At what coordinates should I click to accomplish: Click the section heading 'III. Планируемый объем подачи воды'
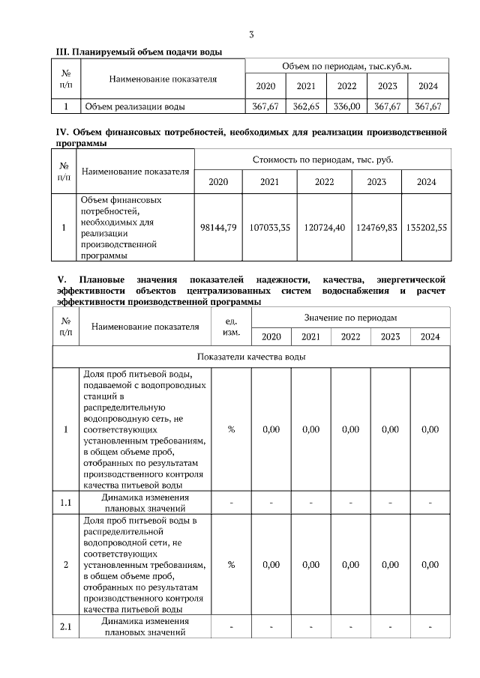tap(139, 51)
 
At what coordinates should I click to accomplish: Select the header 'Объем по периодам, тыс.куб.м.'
tap(348, 66)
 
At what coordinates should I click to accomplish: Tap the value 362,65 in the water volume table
tap(306, 106)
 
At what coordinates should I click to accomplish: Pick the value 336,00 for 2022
tap(347, 106)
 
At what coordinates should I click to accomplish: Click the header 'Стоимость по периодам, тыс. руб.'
tap(323, 160)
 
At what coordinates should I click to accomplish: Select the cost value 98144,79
tap(220, 227)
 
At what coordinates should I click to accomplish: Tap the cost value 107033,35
tap(270, 227)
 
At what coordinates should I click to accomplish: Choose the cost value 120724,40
tap(324, 227)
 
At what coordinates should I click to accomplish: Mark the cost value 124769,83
tap(376, 227)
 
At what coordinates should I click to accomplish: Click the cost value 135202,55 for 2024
tap(426, 227)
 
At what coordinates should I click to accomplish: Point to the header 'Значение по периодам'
tap(350, 318)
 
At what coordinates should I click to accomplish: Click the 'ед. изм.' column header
tap(232, 327)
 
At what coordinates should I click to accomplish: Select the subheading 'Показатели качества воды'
tap(251, 357)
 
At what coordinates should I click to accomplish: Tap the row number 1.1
tap(64, 502)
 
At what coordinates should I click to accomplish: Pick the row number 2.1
tap(64, 627)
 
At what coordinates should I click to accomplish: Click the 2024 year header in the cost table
tap(426, 182)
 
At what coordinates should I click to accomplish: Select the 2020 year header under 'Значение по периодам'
tap(271, 336)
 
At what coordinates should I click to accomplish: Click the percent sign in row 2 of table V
tap(232, 564)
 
